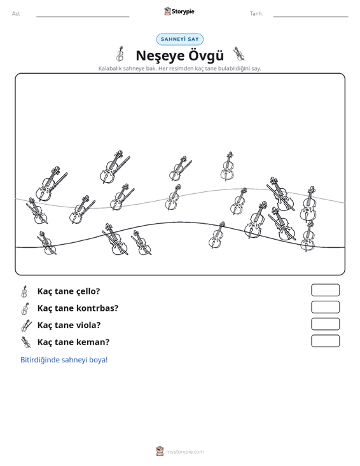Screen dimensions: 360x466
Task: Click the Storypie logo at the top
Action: tap(179, 11)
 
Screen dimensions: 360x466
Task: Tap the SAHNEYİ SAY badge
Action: tap(179, 39)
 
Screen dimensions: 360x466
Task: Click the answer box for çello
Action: tap(325, 290)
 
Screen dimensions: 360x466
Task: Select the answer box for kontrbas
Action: tap(325, 307)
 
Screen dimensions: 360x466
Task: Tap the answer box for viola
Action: tap(325, 324)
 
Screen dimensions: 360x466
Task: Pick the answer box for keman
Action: tap(325, 341)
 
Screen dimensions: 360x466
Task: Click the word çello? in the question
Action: tap(88, 292)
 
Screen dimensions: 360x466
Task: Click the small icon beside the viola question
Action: tap(26, 326)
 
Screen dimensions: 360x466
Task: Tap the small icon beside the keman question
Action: tap(26, 342)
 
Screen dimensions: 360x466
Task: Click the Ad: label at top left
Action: tap(16, 14)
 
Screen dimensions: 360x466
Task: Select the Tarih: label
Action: tap(256, 14)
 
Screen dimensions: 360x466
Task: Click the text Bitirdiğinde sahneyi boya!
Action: tap(64, 360)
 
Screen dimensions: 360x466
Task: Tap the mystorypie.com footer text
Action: tap(185, 452)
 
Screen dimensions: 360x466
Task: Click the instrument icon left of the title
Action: tap(120, 54)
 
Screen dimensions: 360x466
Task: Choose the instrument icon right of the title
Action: tap(239, 54)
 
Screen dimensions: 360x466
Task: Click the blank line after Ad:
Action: tap(83, 17)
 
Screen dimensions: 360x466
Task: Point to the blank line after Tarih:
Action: tap(310, 17)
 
